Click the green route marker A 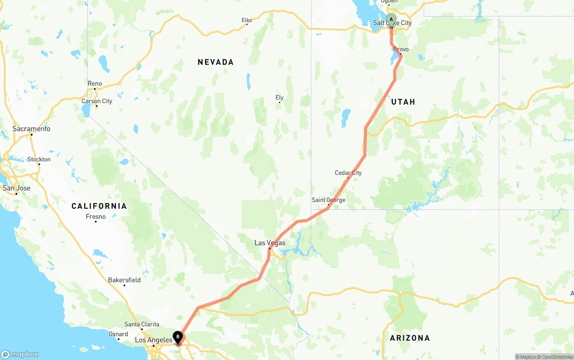tap(391, 20)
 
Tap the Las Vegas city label tap(270, 243)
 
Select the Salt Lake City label tap(392, 23)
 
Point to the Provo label tap(401, 49)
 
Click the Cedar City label tap(348, 173)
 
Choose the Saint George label tap(328, 200)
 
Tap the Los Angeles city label tap(154, 340)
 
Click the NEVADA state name tap(216, 62)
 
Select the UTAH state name tap(403, 102)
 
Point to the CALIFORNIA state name tap(99, 206)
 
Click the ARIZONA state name tap(410, 338)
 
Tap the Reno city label tap(95, 84)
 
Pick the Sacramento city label tap(31, 129)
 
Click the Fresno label tap(96, 217)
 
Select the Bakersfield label tap(124, 280)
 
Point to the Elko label tap(247, 20)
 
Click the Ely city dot tap(280, 103)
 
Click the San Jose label tap(17, 188)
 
